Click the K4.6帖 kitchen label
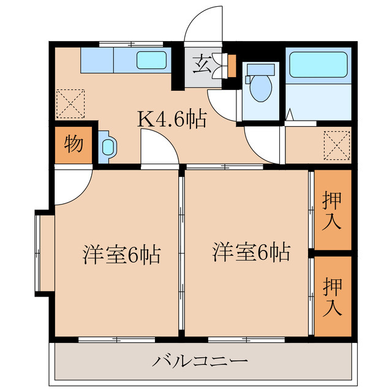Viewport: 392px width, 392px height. [x=171, y=118]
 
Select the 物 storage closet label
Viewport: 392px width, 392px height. [x=73, y=145]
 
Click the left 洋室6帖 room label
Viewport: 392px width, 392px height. [x=121, y=254]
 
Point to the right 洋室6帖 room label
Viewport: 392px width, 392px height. [x=251, y=251]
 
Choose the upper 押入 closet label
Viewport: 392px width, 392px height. [x=332, y=210]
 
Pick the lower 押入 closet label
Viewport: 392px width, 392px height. [x=332, y=296]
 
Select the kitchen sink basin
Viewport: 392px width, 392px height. [x=151, y=60]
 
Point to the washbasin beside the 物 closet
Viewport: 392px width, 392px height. [x=108, y=147]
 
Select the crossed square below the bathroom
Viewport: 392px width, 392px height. [x=336, y=146]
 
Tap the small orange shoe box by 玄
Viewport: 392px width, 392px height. [x=231, y=66]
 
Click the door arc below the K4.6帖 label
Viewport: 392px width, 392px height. [x=158, y=149]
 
